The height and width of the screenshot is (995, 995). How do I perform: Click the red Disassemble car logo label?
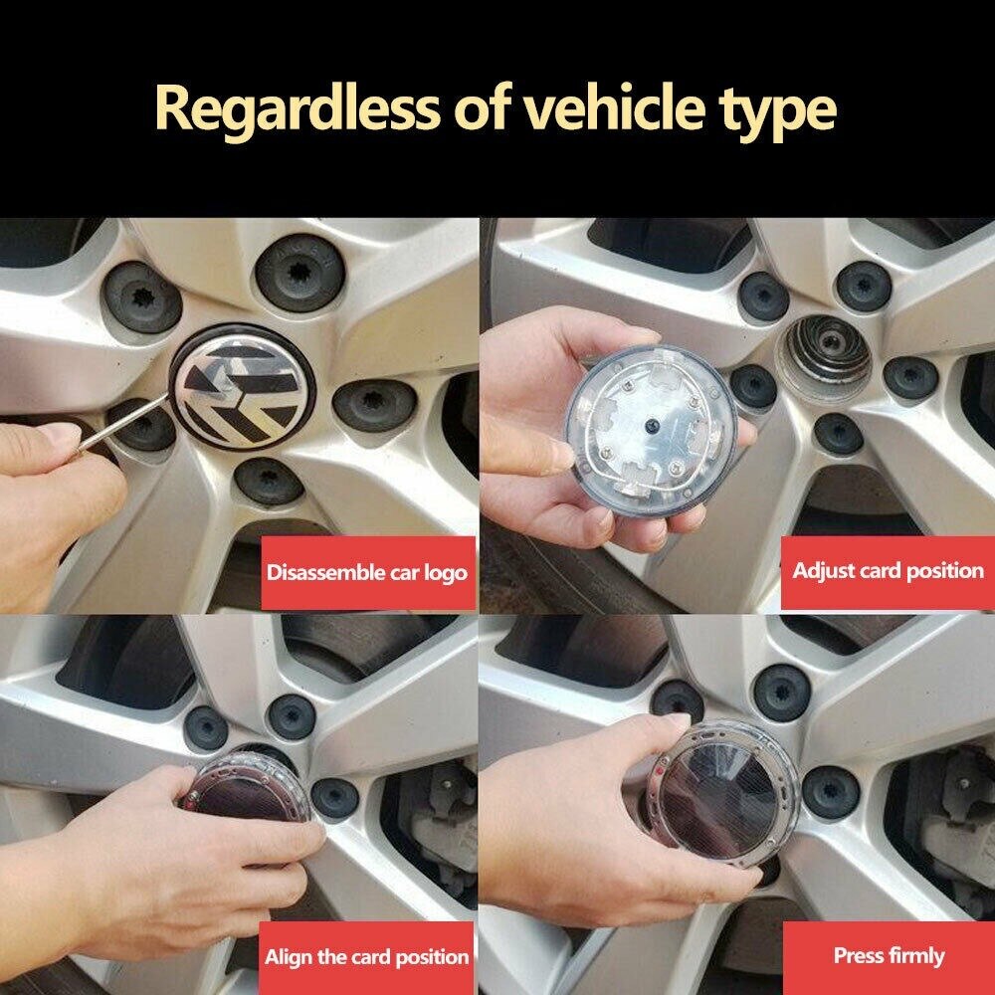point(366,573)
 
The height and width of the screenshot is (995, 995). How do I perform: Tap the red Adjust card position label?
point(888,571)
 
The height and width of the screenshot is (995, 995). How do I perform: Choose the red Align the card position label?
point(366,957)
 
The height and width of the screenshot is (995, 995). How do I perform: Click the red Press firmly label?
point(888,956)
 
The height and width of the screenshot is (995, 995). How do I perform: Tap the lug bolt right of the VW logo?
point(374,404)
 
